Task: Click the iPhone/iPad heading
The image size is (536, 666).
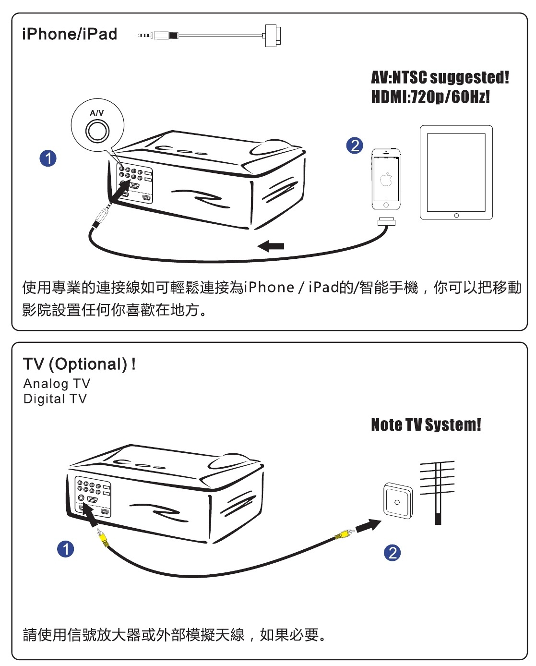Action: (x=70, y=34)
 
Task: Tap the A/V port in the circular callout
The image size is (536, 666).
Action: (x=97, y=131)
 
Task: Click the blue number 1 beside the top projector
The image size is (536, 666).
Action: (x=48, y=158)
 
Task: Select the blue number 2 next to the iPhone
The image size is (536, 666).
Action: (x=355, y=145)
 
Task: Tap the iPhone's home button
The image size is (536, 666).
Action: (x=386, y=205)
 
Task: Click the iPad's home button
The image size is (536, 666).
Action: (x=456, y=215)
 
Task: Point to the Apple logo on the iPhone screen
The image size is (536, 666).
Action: (x=386, y=180)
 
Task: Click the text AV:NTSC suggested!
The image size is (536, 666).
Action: (x=440, y=77)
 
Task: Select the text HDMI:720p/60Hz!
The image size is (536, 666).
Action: (x=430, y=97)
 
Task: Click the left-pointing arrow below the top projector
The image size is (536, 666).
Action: (x=271, y=246)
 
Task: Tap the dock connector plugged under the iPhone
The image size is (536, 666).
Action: (x=386, y=221)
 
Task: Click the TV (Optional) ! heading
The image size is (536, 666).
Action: (x=79, y=364)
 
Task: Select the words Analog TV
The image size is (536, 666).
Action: (x=57, y=384)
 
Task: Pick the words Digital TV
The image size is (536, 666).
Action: (x=55, y=399)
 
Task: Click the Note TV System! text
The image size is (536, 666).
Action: (x=426, y=425)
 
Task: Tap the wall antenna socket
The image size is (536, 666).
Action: (x=397, y=501)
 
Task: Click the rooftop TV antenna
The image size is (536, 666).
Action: (x=437, y=490)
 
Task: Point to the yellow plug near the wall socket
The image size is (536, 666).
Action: (x=345, y=533)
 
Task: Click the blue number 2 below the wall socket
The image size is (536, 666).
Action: (x=392, y=553)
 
